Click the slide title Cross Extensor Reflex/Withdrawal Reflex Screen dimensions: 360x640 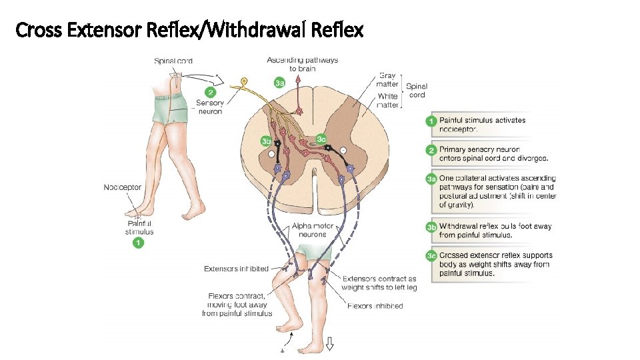click(x=189, y=29)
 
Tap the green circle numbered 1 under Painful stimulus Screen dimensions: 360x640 click(x=138, y=243)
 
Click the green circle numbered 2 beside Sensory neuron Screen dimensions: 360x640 click(x=211, y=92)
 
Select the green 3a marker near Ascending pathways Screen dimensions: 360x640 click(x=280, y=83)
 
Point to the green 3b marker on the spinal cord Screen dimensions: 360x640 click(x=267, y=141)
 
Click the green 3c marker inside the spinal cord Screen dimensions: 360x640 click(x=321, y=139)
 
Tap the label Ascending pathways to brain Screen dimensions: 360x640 click(x=302, y=64)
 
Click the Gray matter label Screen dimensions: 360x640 click(x=387, y=80)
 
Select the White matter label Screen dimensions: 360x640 click(x=387, y=101)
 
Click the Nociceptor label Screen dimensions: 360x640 click(x=122, y=187)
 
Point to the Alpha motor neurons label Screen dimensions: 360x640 click(x=313, y=231)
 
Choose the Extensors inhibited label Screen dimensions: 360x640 click(x=236, y=269)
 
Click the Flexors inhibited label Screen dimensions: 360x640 click(x=375, y=306)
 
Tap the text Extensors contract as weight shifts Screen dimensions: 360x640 click(x=378, y=283)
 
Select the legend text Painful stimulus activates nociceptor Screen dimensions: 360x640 click(x=482, y=125)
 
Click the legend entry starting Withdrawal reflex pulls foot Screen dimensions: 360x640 click(x=495, y=231)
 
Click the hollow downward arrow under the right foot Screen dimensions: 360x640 click(x=329, y=344)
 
